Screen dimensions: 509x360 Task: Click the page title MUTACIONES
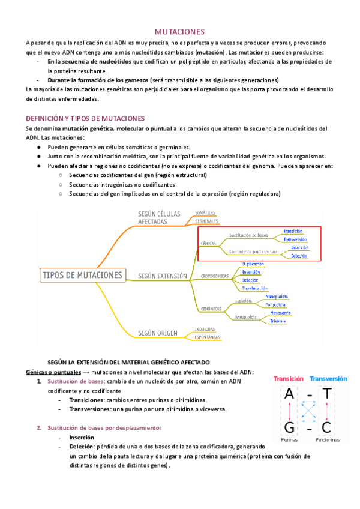point(180,31)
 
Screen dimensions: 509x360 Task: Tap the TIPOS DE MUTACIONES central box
point(83,275)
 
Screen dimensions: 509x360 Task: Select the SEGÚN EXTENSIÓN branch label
point(163,276)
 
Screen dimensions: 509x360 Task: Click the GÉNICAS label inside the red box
point(209,243)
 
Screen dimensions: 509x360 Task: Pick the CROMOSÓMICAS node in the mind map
point(214,276)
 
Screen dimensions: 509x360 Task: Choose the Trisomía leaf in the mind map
point(278,321)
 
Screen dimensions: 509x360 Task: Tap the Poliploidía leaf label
point(278,304)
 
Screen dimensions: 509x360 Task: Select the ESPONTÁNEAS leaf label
point(206,337)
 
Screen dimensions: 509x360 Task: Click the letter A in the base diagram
point(289,394)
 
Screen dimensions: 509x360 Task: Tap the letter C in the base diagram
point(327,427)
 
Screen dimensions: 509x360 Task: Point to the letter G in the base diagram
point(289,427)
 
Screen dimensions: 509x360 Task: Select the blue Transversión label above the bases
point(328,379)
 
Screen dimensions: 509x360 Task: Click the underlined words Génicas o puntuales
point(53,372)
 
